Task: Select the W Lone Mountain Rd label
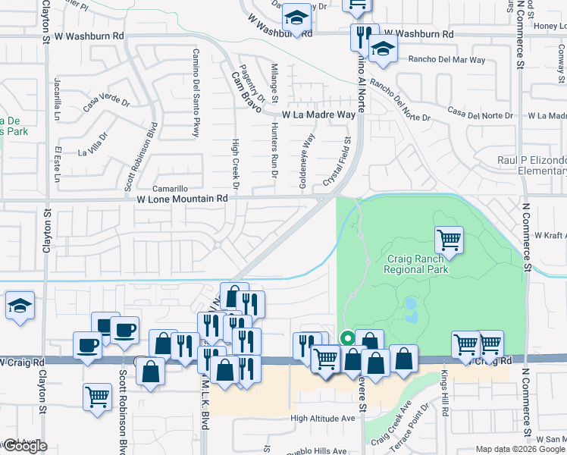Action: point(182,198)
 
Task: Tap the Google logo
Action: point(24,446)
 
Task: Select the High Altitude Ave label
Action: point(323,418)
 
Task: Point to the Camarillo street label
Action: point(170,188)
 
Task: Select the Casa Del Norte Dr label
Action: point(480,114)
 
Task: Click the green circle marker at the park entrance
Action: point(347,338)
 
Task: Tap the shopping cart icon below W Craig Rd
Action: point(97,396)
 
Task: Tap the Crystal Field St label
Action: point(338,161)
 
